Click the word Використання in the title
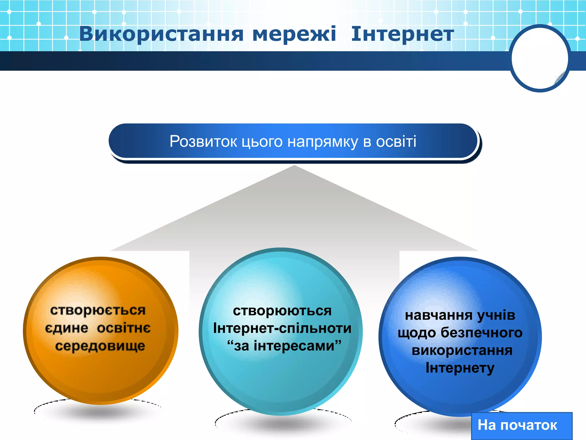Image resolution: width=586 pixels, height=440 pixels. pyautogui.click(x=161, y=34)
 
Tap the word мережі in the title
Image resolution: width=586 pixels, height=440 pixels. pyautogui.click(x=294, y=34)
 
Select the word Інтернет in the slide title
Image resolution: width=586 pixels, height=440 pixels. pyautogui.click(x=402, y=34)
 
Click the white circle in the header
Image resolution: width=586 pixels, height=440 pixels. pyautogui.click(x=539, y=58)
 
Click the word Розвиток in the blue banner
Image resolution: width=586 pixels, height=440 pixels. pyautogui.click(x=203, y=142)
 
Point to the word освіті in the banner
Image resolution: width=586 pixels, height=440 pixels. pyautogui.click(x=396, y=142)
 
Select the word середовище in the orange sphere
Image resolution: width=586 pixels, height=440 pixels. pyautogui.click(x=100, y=346)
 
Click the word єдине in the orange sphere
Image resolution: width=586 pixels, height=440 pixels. pyautogui.click(x=66, y=328)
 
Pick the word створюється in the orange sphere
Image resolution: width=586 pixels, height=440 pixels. pyautogui.click(x=98, y=311)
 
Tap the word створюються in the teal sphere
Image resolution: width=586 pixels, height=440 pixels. pyautogui.click(x=282, y=311)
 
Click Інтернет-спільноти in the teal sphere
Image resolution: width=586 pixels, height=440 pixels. pyautogui.click(x=282, y=328)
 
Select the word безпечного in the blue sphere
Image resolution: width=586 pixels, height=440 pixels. pyautogui.click(x=481, y=333)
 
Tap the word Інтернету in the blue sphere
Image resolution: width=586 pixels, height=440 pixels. pyautogui.click(x=460, y=368)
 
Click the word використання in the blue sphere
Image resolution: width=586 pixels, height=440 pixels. pyautogui.click(x=462, y=351)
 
